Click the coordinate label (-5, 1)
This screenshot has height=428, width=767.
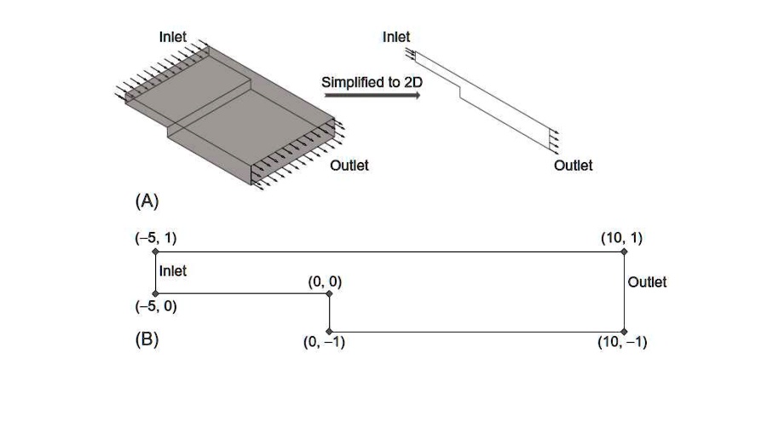[x=154, y=237]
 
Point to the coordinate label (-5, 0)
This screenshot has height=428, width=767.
[x=154, y=307]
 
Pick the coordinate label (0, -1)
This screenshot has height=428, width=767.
[x=324, y=343]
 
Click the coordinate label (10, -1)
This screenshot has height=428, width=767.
[x=623, y=343]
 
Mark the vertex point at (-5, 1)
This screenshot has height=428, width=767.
[x=155, y=252]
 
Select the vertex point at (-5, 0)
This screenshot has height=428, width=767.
[x=155, y=293]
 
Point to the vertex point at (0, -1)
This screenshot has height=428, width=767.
[x=330, y=331]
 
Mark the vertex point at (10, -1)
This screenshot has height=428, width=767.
[x=624, y=331]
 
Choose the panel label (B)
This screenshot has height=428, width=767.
[x=147, y=338]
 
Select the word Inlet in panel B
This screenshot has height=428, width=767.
[x=173, y=271]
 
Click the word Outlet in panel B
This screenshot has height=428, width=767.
[x=647, y=282]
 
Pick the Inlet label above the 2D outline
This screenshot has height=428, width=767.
[x=396, y=37]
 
